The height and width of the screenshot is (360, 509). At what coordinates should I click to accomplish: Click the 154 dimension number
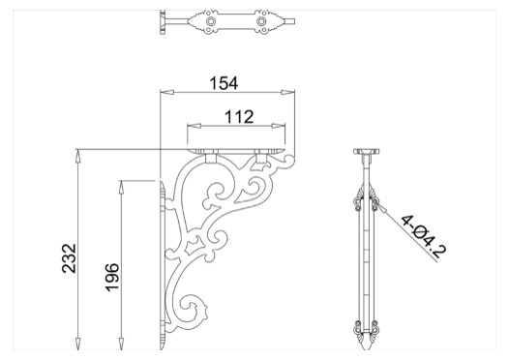point(224,83)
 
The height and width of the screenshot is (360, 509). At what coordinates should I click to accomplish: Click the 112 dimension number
point(239,117)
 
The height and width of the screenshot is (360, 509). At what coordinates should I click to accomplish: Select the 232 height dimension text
point(69,258)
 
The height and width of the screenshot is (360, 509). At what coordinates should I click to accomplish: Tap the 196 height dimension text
point(112,278)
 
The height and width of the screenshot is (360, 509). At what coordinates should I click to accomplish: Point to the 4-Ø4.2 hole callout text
point(424,236)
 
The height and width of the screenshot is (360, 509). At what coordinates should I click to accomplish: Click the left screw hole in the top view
point(211,21)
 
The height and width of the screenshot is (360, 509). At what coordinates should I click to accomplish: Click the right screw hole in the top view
point(260,21)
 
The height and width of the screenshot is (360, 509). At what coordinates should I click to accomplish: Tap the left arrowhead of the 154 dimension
point(167,93)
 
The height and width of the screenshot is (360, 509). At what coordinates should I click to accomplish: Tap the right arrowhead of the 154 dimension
point(288,93)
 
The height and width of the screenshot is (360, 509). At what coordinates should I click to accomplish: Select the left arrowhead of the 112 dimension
point(195,126)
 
